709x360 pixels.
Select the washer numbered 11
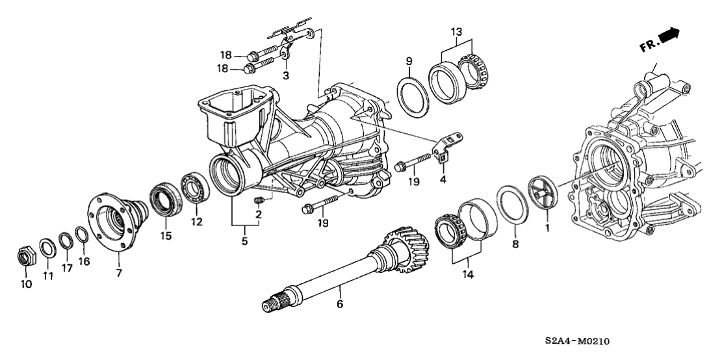pos(47,248)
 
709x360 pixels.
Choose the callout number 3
pos(285,75)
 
